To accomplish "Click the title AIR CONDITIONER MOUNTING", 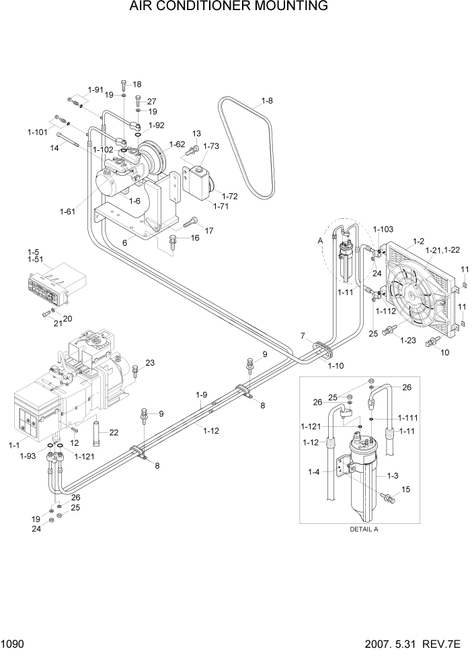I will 236,7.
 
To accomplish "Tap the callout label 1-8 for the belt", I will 266,102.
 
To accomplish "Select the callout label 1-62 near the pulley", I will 177,144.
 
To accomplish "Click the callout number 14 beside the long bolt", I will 54,149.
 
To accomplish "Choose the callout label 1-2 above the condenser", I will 418,241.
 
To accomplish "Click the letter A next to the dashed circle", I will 320,240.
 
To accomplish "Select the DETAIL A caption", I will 364,529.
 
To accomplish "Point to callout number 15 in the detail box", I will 405,490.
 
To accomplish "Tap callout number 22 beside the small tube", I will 114,432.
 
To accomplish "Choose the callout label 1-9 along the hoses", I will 202,395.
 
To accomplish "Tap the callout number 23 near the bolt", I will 149,363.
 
